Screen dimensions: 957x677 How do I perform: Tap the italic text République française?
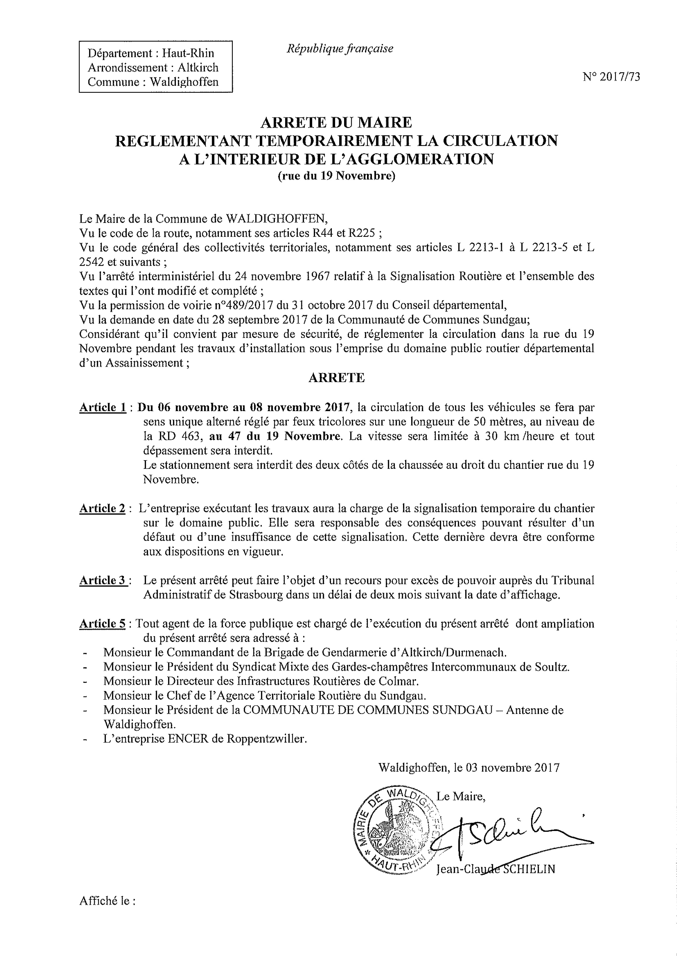click(x=340, y=49)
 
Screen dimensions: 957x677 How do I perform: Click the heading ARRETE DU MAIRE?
click(x=336, y=122)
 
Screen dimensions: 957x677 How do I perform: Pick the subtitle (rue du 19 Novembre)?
click(x=336, y=176)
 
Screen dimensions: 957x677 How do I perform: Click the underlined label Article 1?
click(x=103, y=407)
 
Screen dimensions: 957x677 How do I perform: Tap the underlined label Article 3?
click(x=103, y=580)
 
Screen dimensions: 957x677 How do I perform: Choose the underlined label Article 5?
click(x=102, y=624)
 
